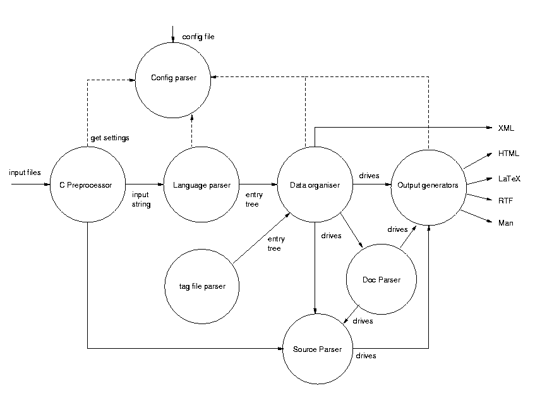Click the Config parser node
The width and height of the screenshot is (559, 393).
173,78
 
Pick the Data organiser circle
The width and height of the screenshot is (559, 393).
315,185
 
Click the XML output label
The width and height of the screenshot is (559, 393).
506,128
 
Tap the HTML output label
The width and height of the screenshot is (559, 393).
508,154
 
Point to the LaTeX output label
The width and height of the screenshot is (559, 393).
509,179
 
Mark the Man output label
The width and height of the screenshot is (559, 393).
506,223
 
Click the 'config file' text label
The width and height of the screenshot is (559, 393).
198,37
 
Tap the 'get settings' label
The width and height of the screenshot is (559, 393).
111,137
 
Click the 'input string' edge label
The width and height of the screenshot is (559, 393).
140,200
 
